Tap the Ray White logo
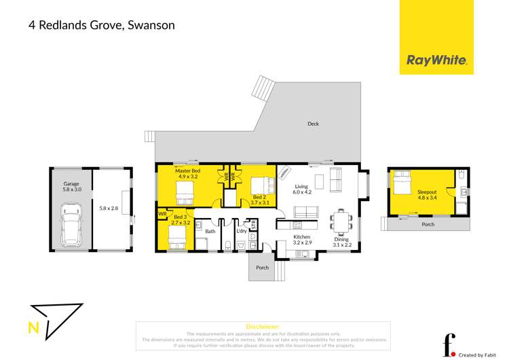pos(436,60)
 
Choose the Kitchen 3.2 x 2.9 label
pos(302,240)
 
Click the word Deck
pos(313,124)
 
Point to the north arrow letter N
pos(33,329)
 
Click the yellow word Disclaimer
pos(263,327)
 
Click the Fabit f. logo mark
pos(448,345)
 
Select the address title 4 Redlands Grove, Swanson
pos(101,25)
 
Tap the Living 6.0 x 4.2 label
pos(303,189)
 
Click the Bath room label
pos(210,232)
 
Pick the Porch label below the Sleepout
pos(428,224)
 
